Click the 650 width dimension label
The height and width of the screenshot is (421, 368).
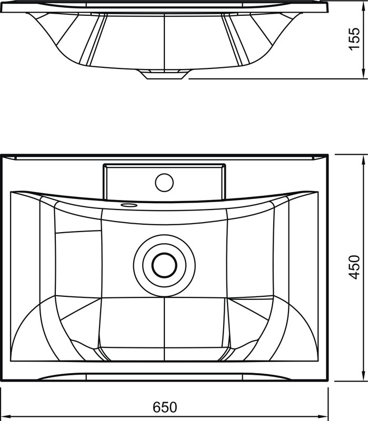(x=165, y=407)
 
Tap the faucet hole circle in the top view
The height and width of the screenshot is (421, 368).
(x=164, y=183)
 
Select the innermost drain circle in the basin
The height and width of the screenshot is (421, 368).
(x=164, y=265)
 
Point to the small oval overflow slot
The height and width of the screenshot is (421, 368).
(x=129, y=205)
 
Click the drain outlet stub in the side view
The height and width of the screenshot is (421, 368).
(x=165, y=74)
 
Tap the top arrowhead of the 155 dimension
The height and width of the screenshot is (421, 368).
(x=363, y=5)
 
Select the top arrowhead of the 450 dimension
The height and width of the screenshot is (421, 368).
(x=363, y=161)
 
